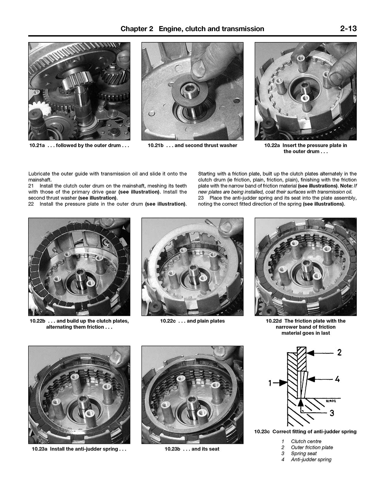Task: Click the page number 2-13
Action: point(348,29)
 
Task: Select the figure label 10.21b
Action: point(155,146)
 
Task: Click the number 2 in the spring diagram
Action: point(339,352)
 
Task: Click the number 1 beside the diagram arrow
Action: point(270,383)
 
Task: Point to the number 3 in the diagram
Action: point(332,413)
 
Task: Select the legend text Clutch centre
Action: point(306,442)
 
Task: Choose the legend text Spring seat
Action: point(304,454)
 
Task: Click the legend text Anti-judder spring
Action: point(311,460)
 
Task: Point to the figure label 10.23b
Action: point(172,449)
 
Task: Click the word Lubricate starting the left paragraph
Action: point(39,174)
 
